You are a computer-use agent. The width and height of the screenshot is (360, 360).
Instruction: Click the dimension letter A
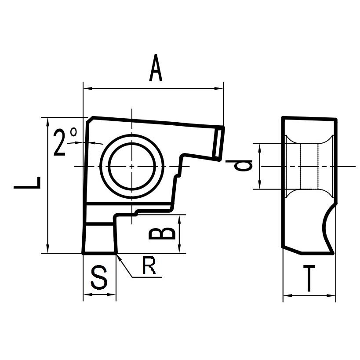coord(156,68)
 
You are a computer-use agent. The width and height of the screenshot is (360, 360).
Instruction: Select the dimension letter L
coord(27,183)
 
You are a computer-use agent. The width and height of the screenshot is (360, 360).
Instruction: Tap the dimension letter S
coord(99,277)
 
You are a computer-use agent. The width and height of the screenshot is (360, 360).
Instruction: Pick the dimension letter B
coord(162,234)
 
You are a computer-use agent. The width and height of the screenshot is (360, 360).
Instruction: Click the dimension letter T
coord(309,278)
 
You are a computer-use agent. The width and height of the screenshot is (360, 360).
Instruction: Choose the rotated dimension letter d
coord(239,165)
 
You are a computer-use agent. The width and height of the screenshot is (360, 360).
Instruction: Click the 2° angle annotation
coord(65,142)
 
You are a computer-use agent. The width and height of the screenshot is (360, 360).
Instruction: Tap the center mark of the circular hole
coord(132,166)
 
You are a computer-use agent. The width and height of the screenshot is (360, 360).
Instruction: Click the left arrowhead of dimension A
coord(87,88)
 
